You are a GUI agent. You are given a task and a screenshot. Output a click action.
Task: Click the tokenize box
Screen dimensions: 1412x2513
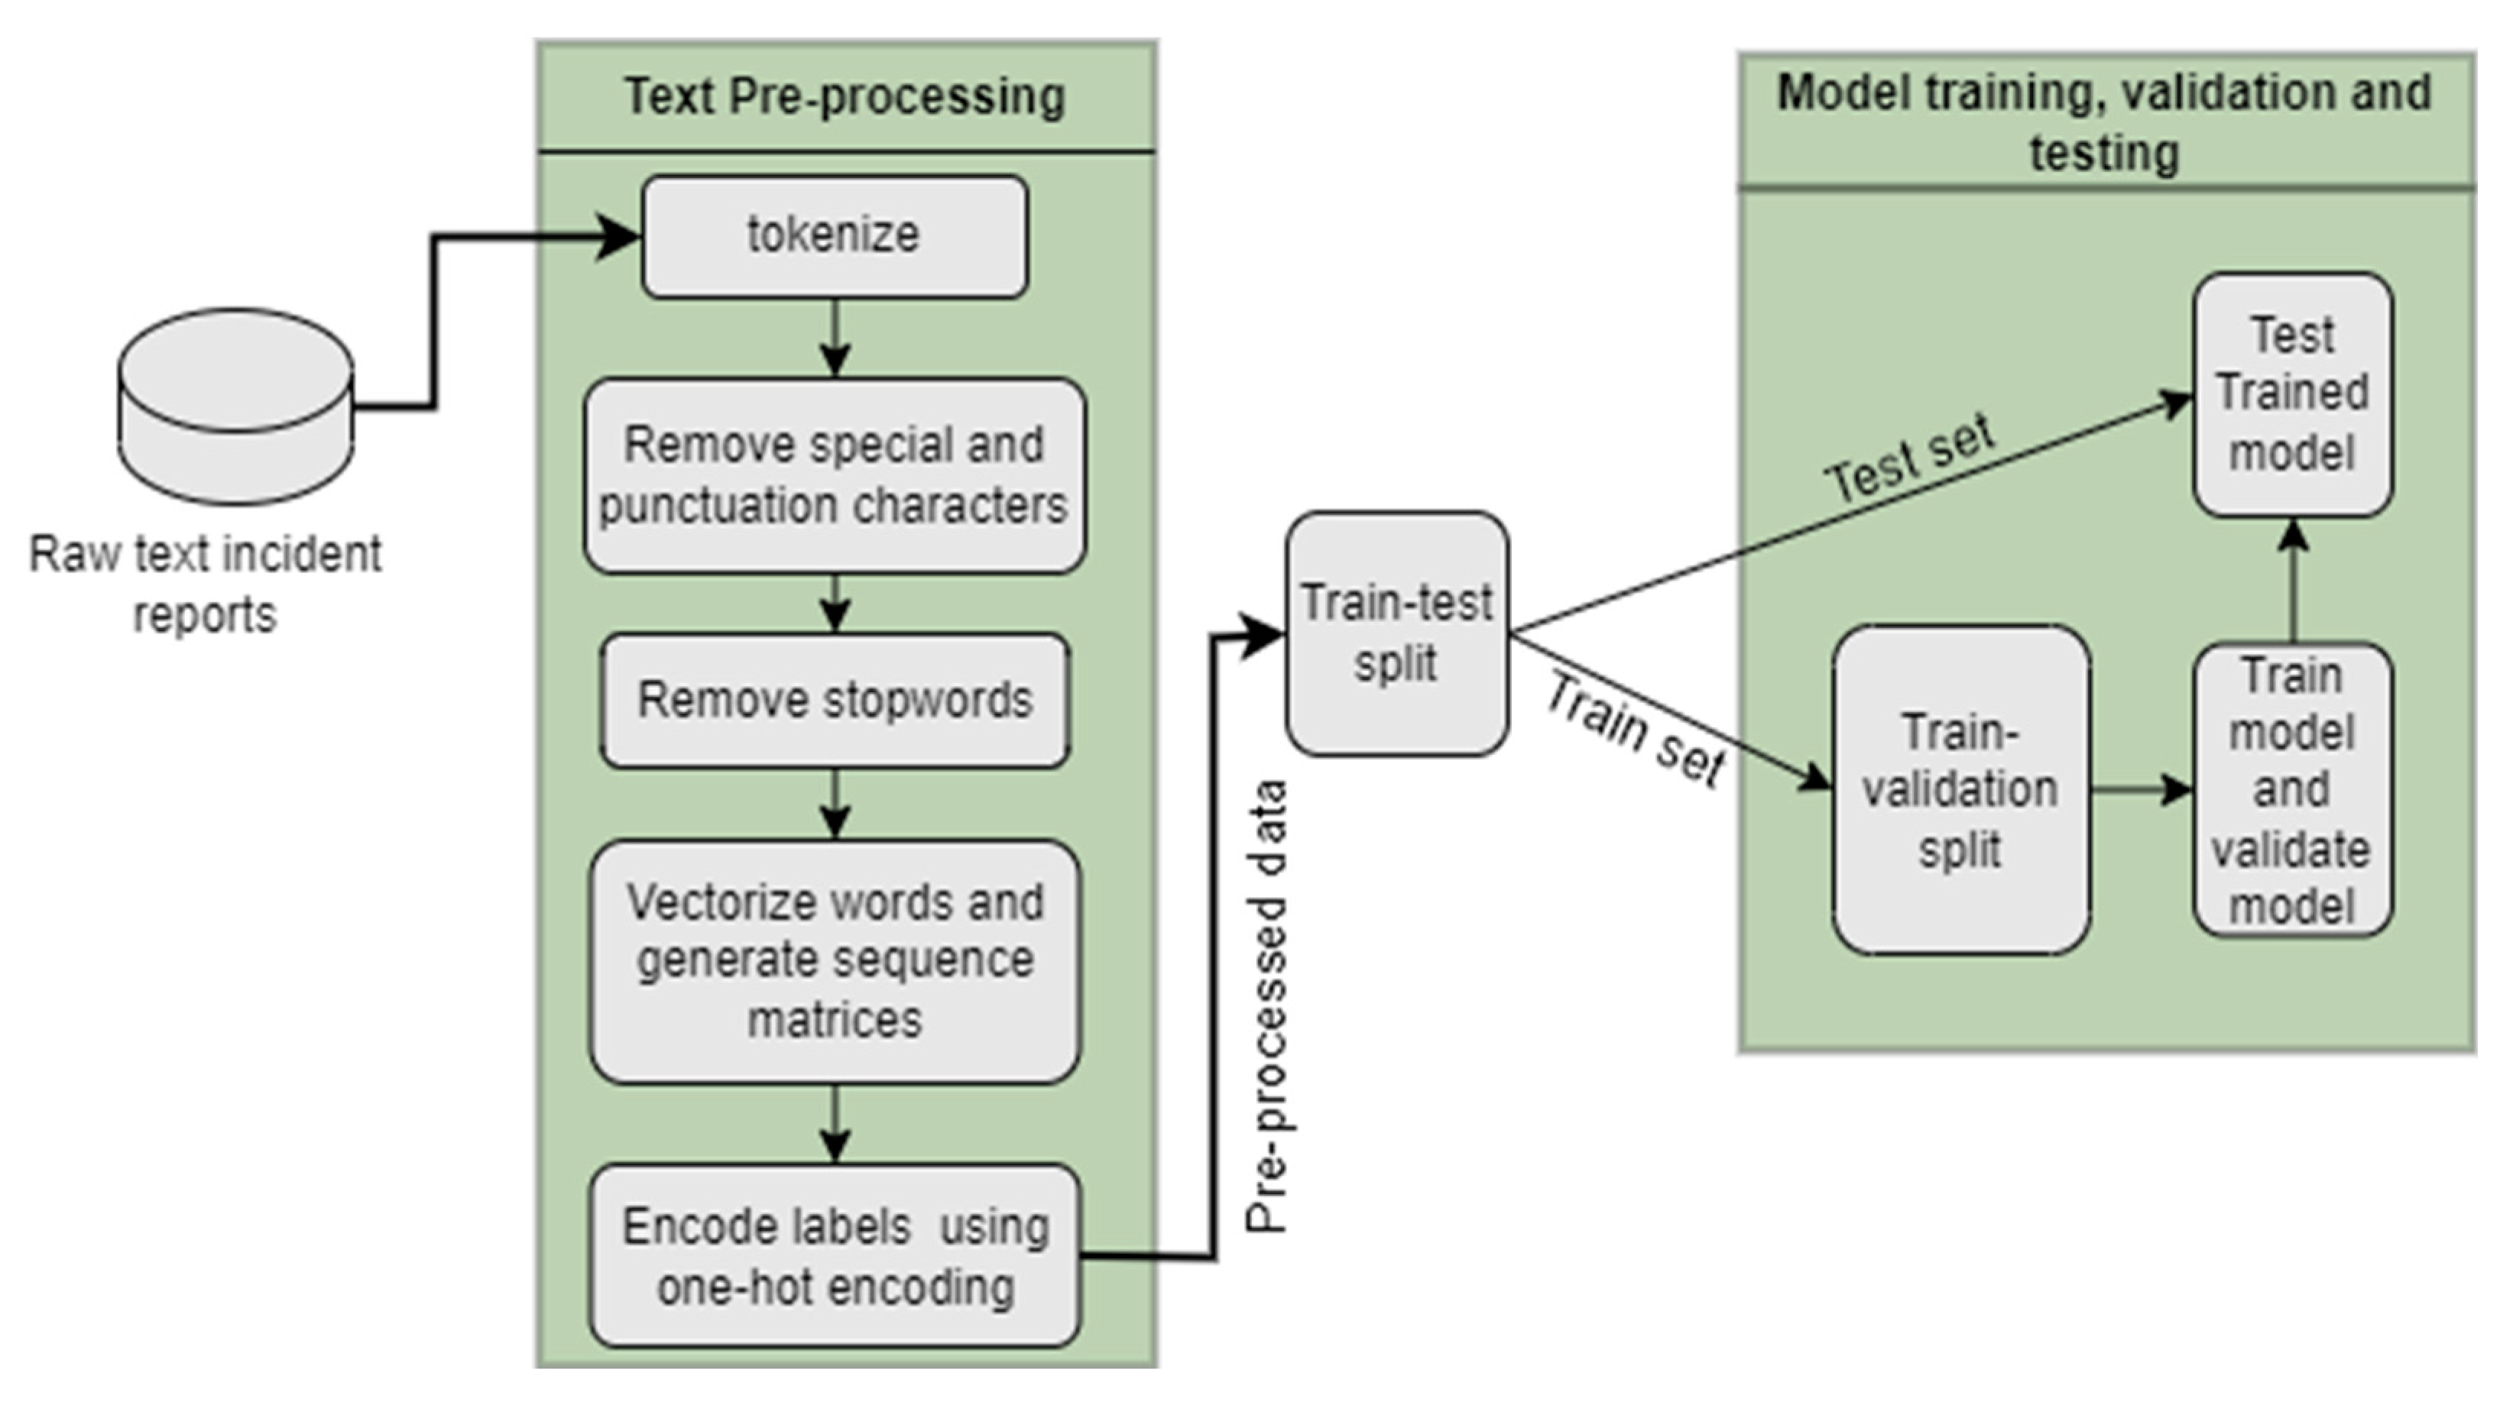834,236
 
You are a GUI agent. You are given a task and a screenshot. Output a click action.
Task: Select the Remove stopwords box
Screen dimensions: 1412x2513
834,700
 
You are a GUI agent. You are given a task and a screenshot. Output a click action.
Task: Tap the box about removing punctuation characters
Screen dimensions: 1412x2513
834,475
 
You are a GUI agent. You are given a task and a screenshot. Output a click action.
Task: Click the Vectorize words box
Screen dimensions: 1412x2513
834,960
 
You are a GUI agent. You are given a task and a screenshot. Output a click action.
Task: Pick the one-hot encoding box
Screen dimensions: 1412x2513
834,1256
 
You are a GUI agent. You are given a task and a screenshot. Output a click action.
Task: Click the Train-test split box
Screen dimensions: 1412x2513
1396,634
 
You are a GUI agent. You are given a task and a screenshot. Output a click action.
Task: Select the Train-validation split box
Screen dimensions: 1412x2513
1960,790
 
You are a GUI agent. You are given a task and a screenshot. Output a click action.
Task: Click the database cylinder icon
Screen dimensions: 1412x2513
235,406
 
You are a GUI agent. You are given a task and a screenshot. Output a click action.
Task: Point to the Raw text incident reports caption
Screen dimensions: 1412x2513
205,584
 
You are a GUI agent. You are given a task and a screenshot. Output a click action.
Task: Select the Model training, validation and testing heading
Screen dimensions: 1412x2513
2104,122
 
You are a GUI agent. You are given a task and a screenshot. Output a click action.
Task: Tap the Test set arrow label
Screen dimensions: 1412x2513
1909,458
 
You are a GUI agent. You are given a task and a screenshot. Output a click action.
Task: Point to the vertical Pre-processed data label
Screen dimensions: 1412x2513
1268,1005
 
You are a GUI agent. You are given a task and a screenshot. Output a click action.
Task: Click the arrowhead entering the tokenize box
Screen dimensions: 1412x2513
617,237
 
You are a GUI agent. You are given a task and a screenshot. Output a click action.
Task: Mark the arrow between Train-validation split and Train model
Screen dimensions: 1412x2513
2142,790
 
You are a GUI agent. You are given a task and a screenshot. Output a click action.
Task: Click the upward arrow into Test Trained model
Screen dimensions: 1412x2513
2293,580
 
